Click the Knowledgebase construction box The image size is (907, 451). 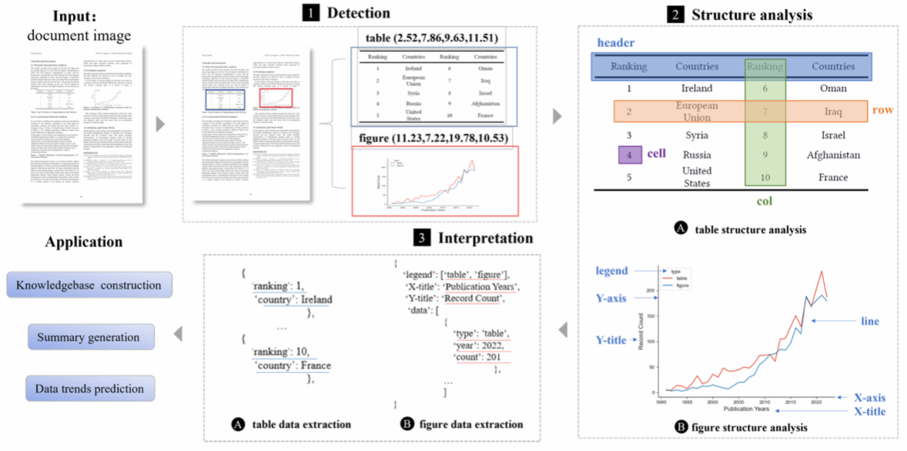click(89, 286)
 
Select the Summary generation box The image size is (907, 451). click(89, 337)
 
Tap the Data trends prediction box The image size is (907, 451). click(89, 389)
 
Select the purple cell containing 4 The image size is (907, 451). click(630, 155)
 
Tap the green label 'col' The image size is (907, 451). click(764, 202)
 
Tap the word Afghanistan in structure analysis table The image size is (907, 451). click(833, 155)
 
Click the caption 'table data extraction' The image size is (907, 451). click(301, 424)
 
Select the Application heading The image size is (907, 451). click(83, 242)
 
